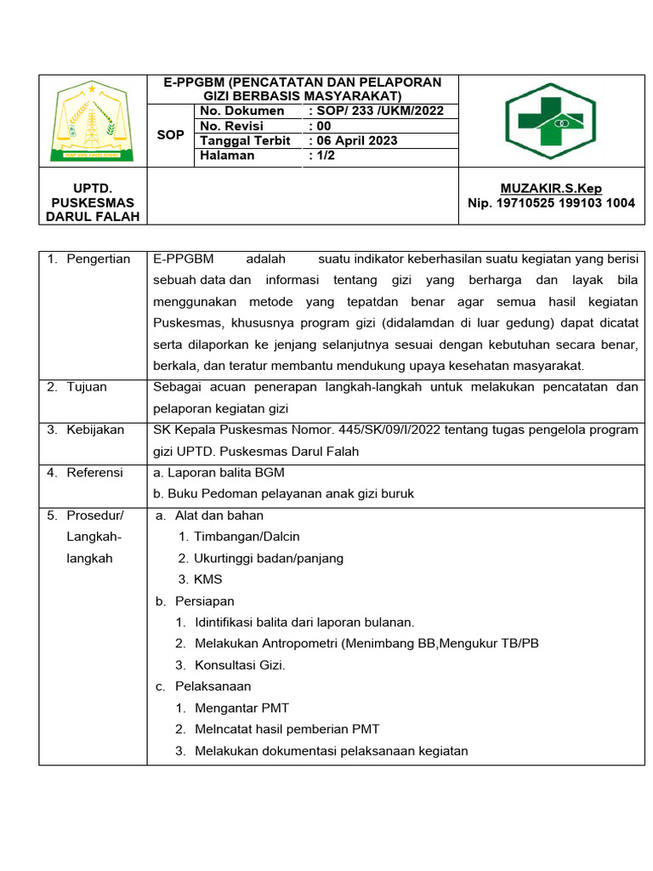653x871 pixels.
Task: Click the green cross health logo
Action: [x=544, y=121]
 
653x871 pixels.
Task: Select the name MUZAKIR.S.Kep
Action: [x=551, y=189]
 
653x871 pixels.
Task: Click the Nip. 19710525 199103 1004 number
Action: [x=551, y=203]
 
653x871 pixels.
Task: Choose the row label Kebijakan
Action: [x=95, y=430]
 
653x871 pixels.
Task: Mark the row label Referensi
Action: [x=95, y=472]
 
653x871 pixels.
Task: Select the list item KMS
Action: [x=207, y=579]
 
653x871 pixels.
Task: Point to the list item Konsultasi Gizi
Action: [x=240, y=665]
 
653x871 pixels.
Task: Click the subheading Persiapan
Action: [x=204, y=601]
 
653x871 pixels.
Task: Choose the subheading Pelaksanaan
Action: [x=213, y=686]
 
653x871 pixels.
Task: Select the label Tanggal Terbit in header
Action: [x=245, y=140]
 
